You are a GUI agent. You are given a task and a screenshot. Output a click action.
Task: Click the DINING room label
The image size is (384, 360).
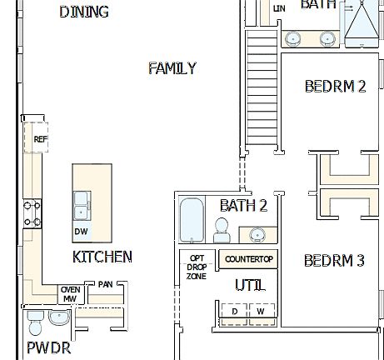84,12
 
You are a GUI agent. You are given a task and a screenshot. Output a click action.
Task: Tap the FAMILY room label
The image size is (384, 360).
172,68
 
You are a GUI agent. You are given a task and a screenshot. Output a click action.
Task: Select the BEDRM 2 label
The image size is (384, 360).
335,86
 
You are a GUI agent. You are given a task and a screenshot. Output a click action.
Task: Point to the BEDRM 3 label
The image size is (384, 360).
334,261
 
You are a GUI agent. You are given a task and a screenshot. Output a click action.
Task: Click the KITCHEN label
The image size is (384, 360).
102,257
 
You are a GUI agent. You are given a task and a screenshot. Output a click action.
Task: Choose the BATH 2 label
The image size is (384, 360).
244,205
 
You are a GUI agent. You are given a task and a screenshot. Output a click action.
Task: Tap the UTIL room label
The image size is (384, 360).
250,286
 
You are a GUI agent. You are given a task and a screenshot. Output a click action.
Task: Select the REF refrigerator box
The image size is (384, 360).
40,139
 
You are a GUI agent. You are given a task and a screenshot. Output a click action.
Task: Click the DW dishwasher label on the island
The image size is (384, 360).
81,232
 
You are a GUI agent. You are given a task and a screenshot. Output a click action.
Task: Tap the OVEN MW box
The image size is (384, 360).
71,293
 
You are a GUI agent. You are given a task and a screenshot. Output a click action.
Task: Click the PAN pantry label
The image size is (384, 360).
105,284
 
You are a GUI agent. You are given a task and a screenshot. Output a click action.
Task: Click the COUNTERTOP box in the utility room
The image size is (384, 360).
249,259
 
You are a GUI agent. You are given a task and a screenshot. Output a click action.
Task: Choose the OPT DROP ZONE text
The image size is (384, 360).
197,267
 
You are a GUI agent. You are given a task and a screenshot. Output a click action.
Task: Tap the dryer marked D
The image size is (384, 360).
235,312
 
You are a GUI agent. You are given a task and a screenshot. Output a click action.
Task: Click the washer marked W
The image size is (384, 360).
260,312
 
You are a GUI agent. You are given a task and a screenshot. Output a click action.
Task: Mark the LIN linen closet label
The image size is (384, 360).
279,8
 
